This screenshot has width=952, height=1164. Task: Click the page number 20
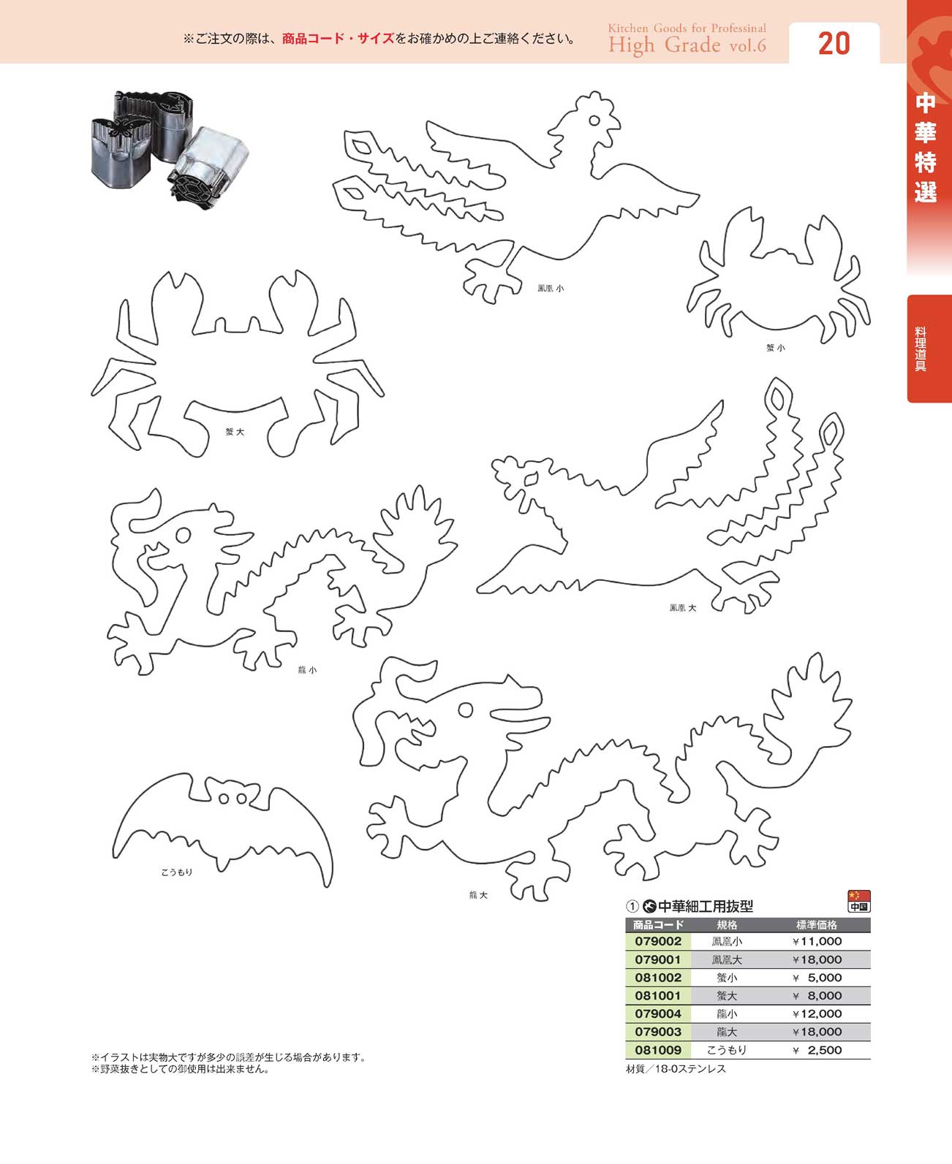coord(834,44)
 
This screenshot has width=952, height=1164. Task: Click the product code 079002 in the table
coord(657,941)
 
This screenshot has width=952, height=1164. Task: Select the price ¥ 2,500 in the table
coord(817,1050)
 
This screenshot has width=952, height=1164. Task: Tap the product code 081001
coord(657,995)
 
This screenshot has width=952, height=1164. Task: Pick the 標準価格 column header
coord(816,924)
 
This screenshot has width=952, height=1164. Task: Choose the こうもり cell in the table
coord(727,1050)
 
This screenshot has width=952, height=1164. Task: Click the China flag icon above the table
coord(858,901)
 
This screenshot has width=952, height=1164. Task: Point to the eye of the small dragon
coord(183,534)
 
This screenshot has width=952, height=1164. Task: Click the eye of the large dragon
coord(466,710)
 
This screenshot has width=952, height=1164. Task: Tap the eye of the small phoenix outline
coord(594,121)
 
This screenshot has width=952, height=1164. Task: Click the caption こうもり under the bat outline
coord(177,872)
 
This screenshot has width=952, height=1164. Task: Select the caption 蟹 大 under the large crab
coord(235,432)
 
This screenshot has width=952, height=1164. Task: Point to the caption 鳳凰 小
coord(551,288)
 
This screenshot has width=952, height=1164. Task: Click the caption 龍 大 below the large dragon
coord(478,895)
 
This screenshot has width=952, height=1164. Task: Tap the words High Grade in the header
coord(665,45)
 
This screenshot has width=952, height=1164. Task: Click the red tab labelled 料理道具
coord(929,349)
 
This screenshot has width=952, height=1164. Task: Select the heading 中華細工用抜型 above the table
coord(706,906)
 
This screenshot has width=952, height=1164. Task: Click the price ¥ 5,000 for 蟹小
coord(817,978)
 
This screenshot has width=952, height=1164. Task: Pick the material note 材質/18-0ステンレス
coord(676,1068)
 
